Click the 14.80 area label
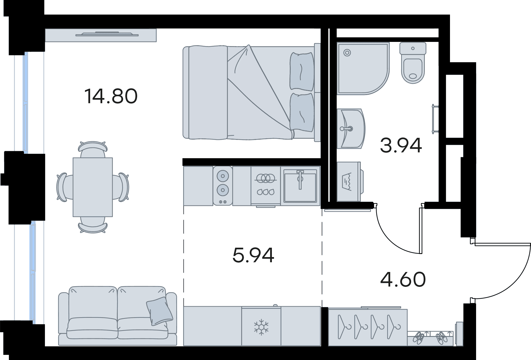pos(111,96)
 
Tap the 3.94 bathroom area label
pos(401,145)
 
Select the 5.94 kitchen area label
pos(253,255)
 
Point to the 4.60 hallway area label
pos(403,280)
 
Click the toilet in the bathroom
pos(413,63)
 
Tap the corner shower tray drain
pos(347,53)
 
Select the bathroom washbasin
pos(351,129)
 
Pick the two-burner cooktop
pos(223,186)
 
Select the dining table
pos(93,187)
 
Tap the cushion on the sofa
pos(159,311)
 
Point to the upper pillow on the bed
pos(302,71)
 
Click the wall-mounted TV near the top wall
pos(107,34)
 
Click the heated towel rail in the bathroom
pos(435,119)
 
